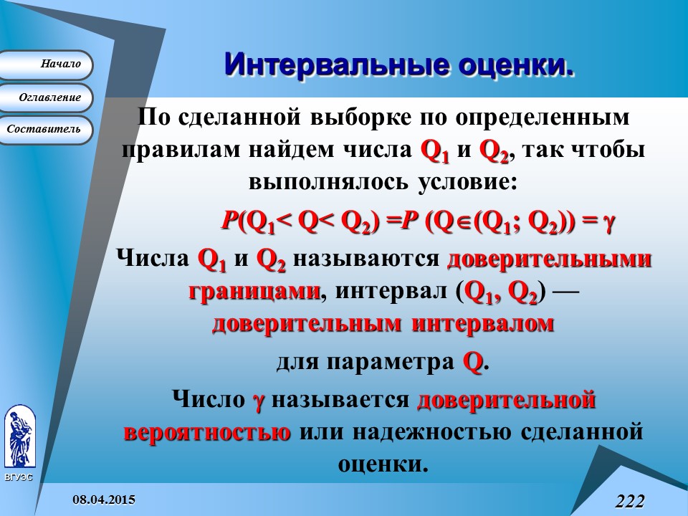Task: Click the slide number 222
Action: (629, 500)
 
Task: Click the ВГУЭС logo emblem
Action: (19, 436)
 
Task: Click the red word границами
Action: (254, 292)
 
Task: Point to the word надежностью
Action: (433, 433)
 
